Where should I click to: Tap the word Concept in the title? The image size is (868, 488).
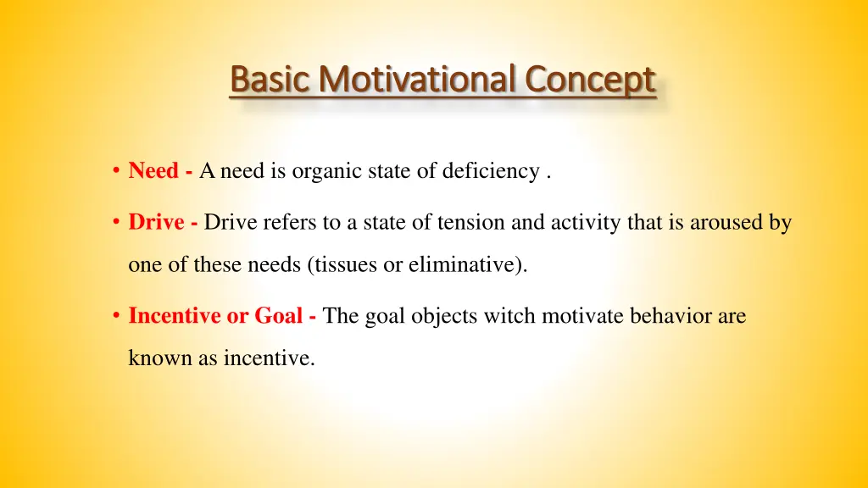(x=590, y=80)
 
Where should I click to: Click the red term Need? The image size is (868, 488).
(x=153, y=171)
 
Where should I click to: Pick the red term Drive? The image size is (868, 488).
(x=156, y=223)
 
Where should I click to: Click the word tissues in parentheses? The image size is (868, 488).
(x=347, y=265)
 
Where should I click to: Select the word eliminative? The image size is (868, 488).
(x=463, y=265)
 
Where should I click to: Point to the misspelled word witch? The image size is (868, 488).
(x=511, y=316)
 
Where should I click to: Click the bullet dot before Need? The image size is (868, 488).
(x=114, y=172)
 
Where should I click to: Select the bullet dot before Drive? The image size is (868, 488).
(x=114, y=224)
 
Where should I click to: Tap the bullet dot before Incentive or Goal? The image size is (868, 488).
(x=114, y=317)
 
